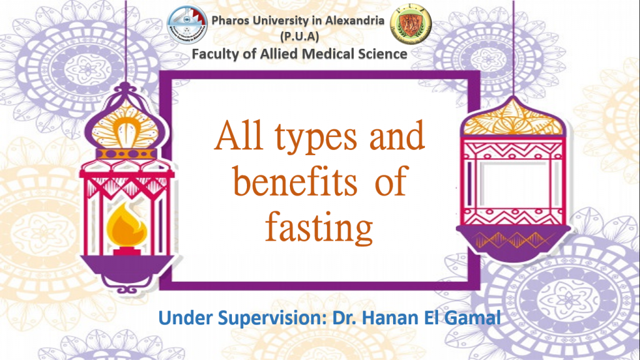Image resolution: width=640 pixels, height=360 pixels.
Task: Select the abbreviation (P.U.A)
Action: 299,36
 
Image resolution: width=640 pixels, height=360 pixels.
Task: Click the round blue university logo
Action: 187,24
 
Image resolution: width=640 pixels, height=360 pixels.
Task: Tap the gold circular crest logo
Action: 411,24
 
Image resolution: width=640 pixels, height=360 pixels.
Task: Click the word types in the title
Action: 316,137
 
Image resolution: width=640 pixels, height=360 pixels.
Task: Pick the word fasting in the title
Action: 319,227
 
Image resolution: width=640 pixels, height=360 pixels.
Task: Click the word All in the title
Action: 239,136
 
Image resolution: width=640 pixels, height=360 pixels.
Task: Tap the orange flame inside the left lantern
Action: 126,226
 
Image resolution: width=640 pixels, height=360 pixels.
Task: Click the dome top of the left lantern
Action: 126,122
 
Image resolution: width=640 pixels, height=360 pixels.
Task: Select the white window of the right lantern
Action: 514,183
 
